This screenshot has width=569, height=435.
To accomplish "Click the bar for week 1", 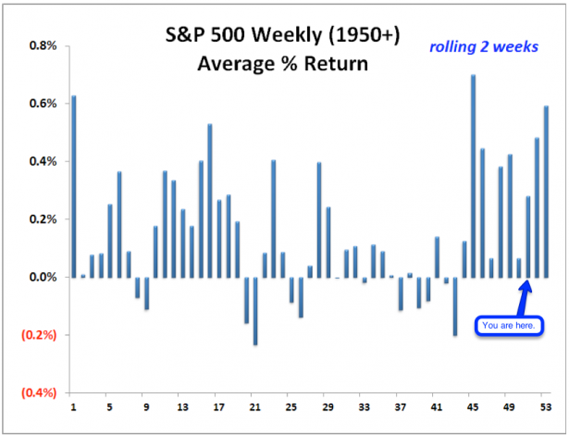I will pyautogui.click(x=74, y=186).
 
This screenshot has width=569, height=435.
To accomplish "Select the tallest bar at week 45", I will pyautogui.click(x=473, y=176).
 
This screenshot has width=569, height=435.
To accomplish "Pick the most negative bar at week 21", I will pyautogui.click(x=255, y=310).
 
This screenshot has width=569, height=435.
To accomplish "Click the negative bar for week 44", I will pyautogui.click(x=455, y=305).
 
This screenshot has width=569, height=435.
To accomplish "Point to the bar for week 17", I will pyautogui.click(x=210, y=200).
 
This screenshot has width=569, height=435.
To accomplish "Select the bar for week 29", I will pyautogui.click(x=319, y=219).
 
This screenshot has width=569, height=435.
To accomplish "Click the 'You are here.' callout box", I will pyautogui.click(x=509, y=326).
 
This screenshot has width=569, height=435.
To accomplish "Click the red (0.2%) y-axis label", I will pyautogui.click(x=42, y=335).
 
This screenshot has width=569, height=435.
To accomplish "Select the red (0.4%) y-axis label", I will pyautogui.click(x=42, y=392).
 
